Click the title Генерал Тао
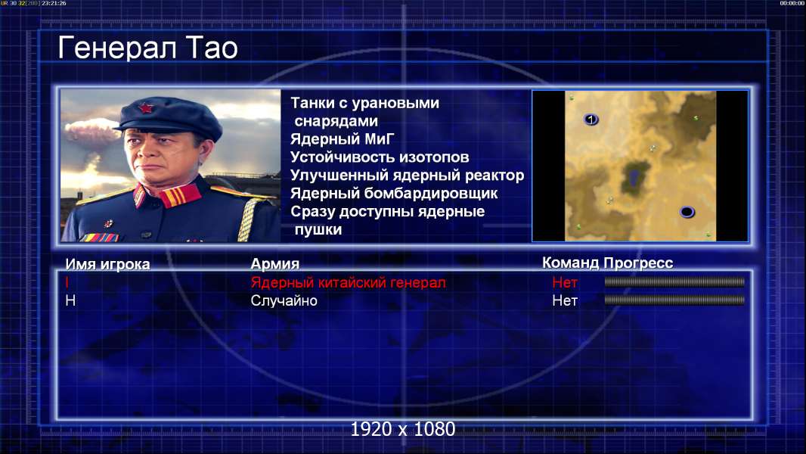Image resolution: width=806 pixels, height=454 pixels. (x=147, y=48)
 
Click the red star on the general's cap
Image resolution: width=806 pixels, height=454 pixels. (x=145, y=107)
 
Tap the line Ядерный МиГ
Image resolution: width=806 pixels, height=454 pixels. (x=342, y=139)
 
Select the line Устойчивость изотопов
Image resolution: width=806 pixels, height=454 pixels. (x=380, y=157)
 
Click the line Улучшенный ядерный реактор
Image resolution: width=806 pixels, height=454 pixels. (x=407, y=176)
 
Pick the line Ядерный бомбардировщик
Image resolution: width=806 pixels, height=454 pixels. (x=394, y=193)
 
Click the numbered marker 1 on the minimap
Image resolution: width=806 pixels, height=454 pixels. (x=591, y=120)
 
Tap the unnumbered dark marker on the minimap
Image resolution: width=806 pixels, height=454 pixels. (x=687, y=212)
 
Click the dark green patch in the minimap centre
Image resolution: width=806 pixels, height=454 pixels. (x=634, y=177)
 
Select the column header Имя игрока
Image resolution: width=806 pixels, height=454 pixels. (x=107, y=264)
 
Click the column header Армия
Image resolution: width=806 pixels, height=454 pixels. (x=275, y=264)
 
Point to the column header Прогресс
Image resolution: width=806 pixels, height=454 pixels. (x=638, y=263)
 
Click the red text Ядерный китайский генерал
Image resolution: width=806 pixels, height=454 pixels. (x=348, y=282)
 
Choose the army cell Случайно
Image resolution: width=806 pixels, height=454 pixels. (x=284, y=301)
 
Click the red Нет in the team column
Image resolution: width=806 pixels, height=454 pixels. (x=564, y=282)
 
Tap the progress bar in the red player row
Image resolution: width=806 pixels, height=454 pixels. (x=674, y=281)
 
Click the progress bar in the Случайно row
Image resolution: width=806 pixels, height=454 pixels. (x=674, y=300)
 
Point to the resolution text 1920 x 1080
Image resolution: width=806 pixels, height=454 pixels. (x=403, y=429)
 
